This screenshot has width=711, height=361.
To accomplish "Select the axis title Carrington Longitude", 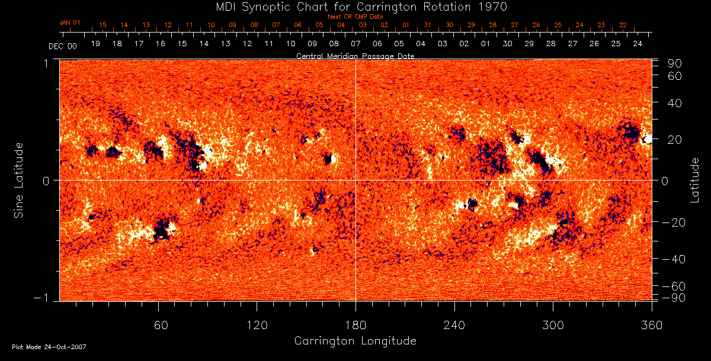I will tap(355, 341).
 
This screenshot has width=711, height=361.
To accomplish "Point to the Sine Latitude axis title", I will tap(20, 180).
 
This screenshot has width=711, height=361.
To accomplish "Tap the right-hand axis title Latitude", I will tap(696, 180).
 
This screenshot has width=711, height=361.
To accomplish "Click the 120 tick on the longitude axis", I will tap(257, 325).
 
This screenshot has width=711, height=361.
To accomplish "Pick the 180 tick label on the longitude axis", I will tap(355, 325).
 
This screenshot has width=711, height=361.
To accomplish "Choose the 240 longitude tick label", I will tap(454, 325).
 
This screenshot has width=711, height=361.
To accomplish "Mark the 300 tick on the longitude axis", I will tap(553, 325).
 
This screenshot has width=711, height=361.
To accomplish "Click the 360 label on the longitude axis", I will tap(651, 325).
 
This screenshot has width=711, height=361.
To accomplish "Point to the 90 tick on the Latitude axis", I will tap(676, 63).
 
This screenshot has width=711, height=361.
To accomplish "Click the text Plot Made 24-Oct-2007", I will tap(49, 347).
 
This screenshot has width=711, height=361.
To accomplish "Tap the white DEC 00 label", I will tap(62, 46).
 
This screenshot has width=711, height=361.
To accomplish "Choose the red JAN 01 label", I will tap(70, 22).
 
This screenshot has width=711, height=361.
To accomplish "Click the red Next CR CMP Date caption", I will tap(355, 17).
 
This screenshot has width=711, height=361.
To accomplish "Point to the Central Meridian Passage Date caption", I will tap(355, 56).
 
